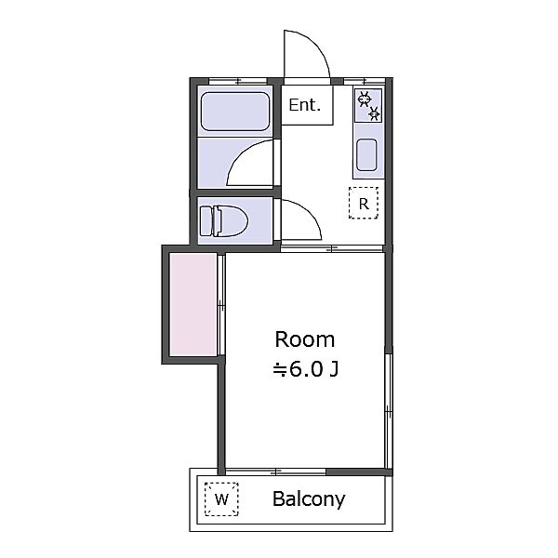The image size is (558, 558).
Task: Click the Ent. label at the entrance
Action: (x=305, y=105)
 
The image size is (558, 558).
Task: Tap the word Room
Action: (x=305, y=339)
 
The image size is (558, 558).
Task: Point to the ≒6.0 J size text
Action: (x=305, y=369)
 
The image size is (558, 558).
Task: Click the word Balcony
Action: (x=309, y=499)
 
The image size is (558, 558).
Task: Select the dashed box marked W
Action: (x=221, y=498)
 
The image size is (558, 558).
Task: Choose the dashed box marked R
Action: (x=364, y=203)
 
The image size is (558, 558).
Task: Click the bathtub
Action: (x=235, y=111)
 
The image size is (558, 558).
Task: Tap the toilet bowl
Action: (x=233, y=221)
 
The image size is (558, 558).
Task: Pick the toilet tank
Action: (x=206, y=221)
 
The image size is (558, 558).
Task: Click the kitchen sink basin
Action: (x=367, y=154)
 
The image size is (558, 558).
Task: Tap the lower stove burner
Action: (x=375, y=113)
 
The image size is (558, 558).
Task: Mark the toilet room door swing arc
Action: (x=311, y=212)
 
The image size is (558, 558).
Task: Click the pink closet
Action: (x=193, y=304)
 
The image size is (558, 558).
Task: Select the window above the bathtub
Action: (x=238, y=81)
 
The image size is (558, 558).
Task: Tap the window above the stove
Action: (x=365, y=81)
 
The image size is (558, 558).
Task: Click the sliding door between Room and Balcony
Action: (x=276, y=472)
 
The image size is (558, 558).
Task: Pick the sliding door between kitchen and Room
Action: (x=331, y=248)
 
